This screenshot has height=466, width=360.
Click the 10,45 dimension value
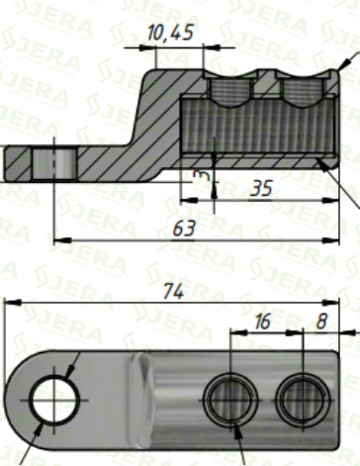point(170,33)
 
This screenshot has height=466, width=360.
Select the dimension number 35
point(261,188)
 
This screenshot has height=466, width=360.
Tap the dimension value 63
point(184,229)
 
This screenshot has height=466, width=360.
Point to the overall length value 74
point(174,291)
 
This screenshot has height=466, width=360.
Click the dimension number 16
point(263,322)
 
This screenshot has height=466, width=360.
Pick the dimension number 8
point(321,322)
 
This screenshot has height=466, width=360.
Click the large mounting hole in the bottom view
point(54,400)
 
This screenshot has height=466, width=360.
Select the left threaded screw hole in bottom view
point(230,400)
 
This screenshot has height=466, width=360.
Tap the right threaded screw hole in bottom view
point(303,400)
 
